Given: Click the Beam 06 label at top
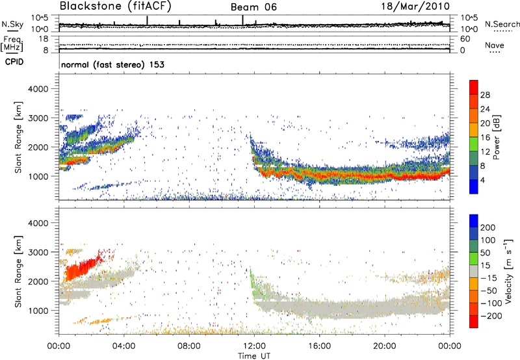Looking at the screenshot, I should [253, 6].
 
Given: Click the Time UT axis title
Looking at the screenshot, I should [253, 355].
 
